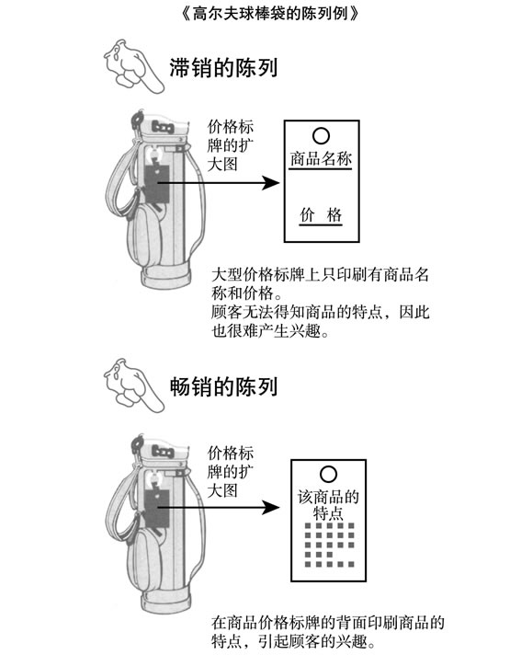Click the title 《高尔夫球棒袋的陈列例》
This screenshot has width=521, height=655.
(x=270, y=13)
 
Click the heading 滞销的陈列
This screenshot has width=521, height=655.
(x=223, y=67)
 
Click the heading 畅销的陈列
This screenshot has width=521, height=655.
(x=223, y=386)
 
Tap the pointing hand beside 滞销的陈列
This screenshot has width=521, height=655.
(x=133, y=66)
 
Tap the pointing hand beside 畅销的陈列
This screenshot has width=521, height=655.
(x=133, y=385)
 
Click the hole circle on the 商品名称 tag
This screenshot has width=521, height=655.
(x=321, y=135)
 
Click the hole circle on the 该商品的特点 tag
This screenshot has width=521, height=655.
(x=328, y=474)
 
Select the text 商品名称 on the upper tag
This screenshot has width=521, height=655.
(x=321, y=159)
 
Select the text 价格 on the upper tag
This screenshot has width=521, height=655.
(x=321, y=215)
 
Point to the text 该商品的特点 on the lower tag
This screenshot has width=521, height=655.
(x=328, y=505)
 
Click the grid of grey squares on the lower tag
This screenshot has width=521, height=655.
(x=329, y=545)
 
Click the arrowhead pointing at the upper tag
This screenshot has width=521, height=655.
(x=271, y=182)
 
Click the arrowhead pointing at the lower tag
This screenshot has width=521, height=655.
(x=271, y=508)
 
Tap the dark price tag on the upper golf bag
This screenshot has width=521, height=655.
(x=156, y=184)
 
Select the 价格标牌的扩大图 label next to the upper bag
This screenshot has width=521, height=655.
(x=231, y=145)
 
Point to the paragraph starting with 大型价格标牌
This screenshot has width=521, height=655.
(x=321, y=303)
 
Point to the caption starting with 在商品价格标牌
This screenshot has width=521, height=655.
(x=328, y=632)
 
